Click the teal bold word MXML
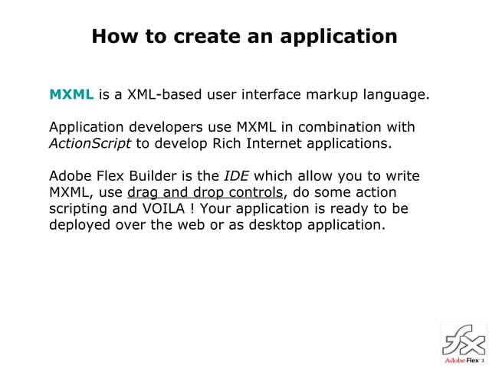point(71,96)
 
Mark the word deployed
point(80,226)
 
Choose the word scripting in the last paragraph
point(80,209)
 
